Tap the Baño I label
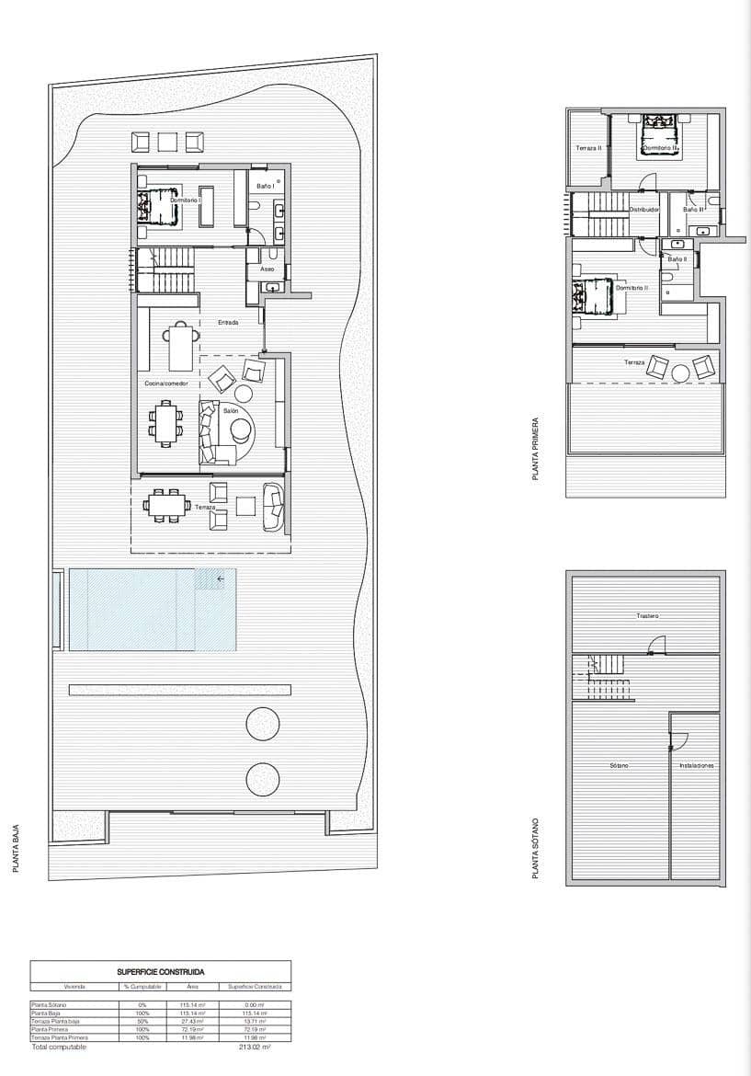[265, 187]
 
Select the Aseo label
[267, 269]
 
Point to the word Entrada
[229, 323]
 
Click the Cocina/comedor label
[165, 383]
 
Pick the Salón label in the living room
[231, 410]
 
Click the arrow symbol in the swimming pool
[221, 578]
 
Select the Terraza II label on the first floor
[588, 147]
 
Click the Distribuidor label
[643, 210]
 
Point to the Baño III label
[693, 210]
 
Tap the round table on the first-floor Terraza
[680, 372]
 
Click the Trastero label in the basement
[647, 615]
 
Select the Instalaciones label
[696, 765]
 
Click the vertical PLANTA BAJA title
[17, 847]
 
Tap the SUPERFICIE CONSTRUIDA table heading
[160, 971]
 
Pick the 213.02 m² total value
[251, 1047]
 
